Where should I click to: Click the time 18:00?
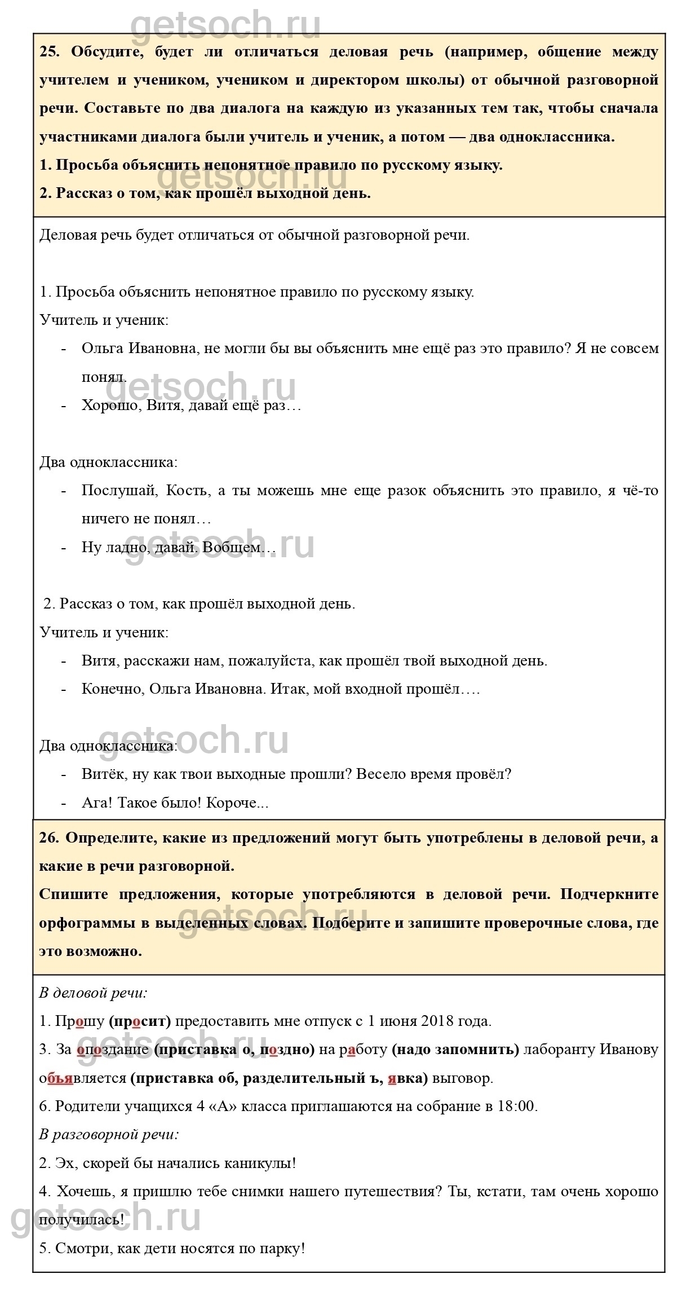click(517, 1106)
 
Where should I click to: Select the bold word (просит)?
click(140, 1021)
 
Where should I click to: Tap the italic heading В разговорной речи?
click(109, 1134)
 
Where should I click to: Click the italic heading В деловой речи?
click(93, 993)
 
